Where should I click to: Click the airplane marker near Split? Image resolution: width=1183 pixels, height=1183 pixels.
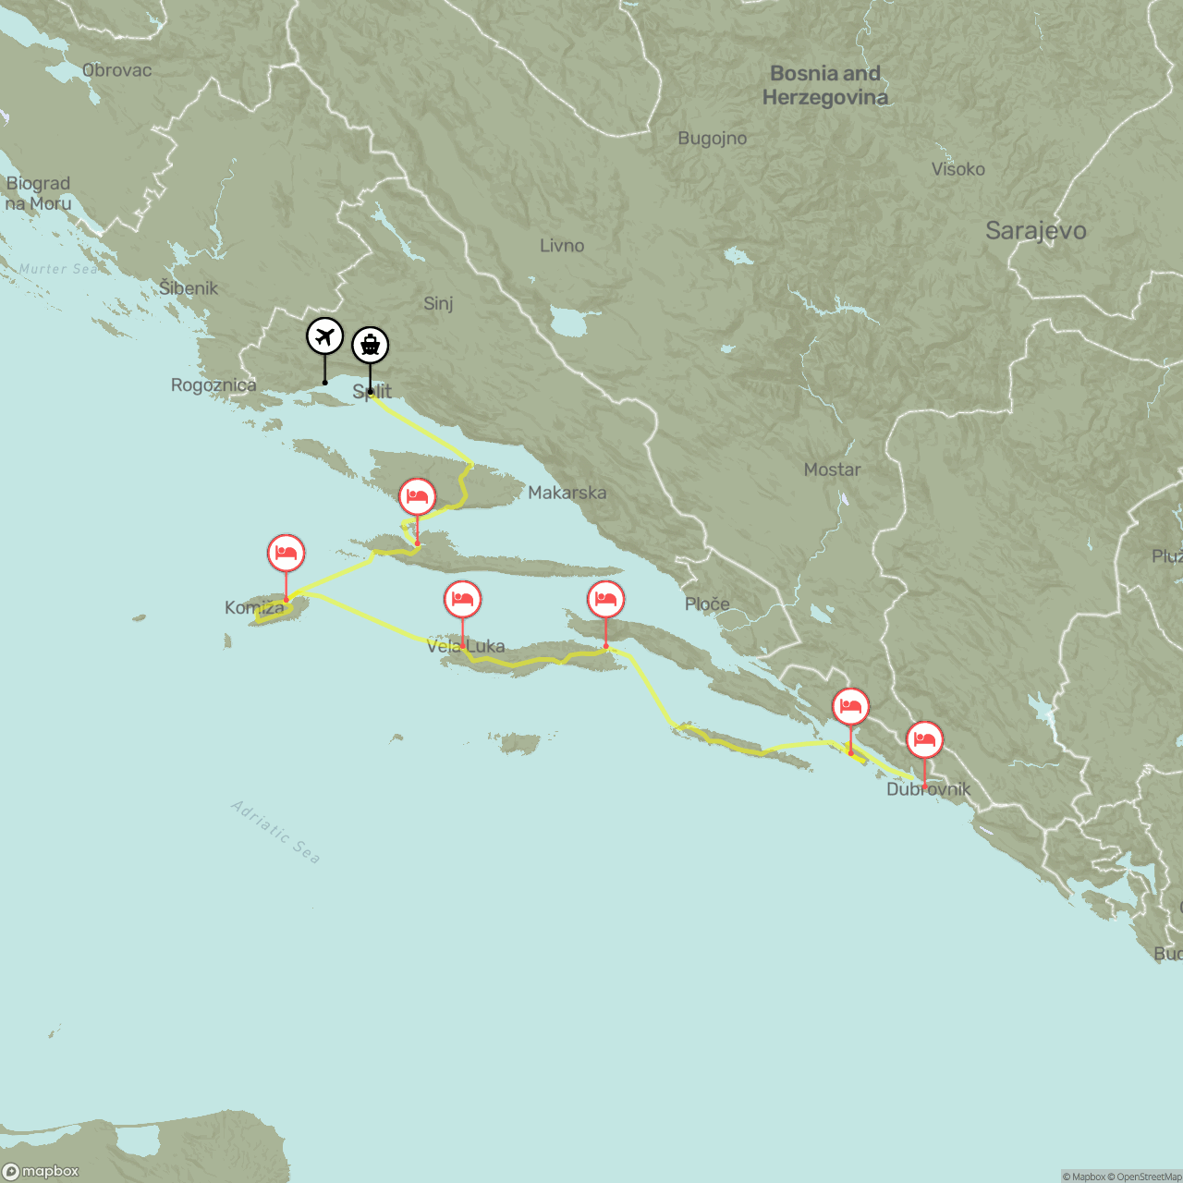(324, 336)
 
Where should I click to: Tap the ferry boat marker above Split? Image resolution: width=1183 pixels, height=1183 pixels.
(371, 346)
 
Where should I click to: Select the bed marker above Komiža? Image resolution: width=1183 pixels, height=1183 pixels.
(287, 553)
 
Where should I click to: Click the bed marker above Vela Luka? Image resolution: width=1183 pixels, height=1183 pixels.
(463, 600)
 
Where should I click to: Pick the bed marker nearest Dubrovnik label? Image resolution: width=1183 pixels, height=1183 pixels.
(924, 739)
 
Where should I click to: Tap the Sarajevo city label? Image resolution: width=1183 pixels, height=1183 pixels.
(1035, 231)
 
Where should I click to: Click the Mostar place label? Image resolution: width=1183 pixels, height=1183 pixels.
(832, 470)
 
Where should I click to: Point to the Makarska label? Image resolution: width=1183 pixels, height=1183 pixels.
(567, 493)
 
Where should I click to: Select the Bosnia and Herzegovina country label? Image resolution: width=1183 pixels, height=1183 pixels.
(825, 85)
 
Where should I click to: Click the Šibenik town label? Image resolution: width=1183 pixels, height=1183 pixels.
(189, 288)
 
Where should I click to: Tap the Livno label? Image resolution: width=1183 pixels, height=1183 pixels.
(562, 246)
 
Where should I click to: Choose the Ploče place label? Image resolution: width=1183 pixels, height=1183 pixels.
(707, 604)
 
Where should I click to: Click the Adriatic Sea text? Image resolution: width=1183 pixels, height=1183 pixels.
(275, 832)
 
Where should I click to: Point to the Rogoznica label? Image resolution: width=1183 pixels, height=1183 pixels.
(213, 385)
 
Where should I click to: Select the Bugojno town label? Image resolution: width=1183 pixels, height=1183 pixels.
(712, 139)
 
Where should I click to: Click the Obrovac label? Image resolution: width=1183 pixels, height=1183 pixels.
(116, 70)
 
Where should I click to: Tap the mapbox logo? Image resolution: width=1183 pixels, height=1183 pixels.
(42, 1171)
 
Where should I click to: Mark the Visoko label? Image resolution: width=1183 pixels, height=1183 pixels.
(957, 169)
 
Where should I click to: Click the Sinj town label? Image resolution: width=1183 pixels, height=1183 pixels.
(438, 303)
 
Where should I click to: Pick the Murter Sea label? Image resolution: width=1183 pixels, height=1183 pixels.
(58, 269)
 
